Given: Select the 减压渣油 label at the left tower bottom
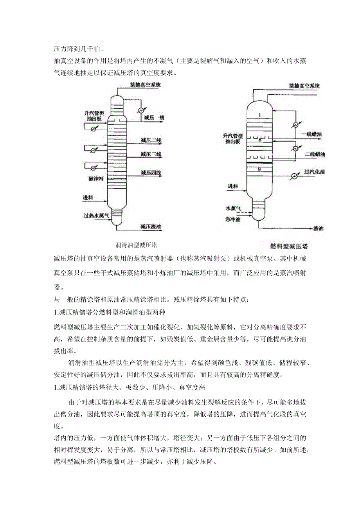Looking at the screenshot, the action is click(x=151, y=226).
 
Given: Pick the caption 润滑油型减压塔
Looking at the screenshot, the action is click(x=137, y=245).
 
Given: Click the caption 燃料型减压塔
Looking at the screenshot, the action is click(x=289, y=246).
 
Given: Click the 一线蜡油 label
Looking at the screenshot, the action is click(x=312, y=134).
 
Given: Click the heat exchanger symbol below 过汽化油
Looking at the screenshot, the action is click(x=293, y=176).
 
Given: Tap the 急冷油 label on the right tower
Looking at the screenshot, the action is click(x=233, y=220).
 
